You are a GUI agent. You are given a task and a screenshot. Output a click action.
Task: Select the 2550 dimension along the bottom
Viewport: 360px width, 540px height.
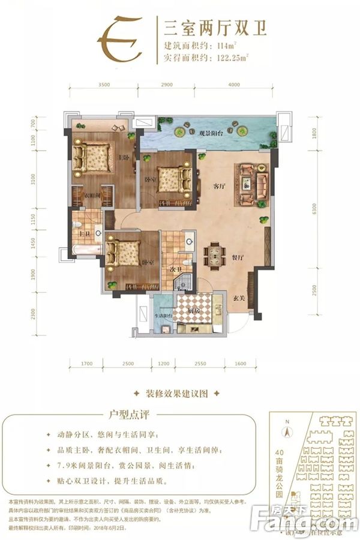tap(200, 364)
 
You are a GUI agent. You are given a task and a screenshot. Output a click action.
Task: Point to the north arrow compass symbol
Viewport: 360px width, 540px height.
tap(287, 428)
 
